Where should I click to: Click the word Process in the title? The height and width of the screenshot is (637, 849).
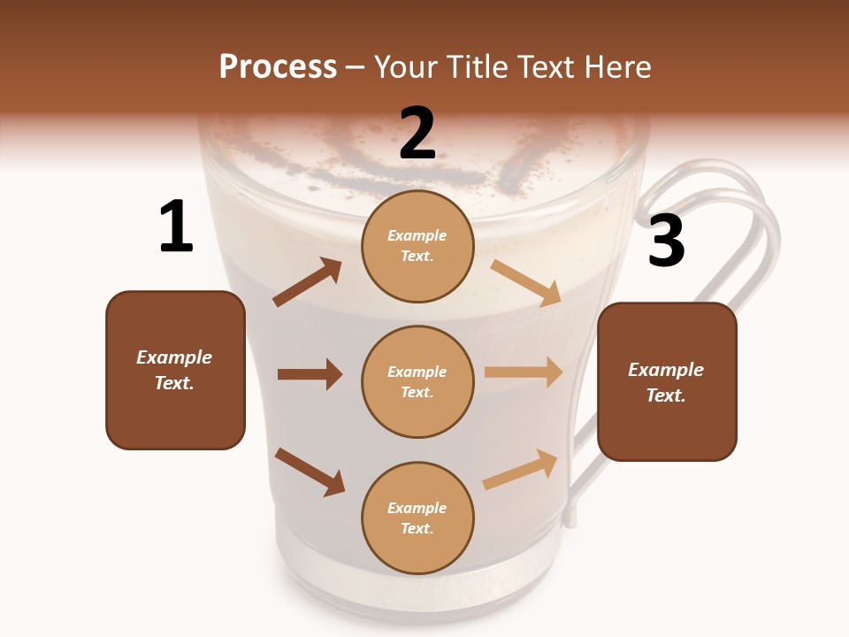click(x=278, y=67)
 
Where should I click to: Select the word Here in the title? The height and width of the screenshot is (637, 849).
click(x=616, y=67)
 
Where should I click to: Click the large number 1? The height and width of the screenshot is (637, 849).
click(x=176, y=227)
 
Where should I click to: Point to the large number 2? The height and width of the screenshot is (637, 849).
click(x=417, y=134)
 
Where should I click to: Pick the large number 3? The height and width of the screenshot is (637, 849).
click(x=666, y=241)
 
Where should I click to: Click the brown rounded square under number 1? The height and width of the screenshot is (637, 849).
click(x=175, y=370)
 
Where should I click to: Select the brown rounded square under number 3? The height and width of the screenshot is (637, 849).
click(x=667, y=381)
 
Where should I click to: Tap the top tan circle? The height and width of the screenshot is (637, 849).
click(x=417, y=246)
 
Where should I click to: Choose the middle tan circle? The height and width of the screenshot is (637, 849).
click(x=417, y=381)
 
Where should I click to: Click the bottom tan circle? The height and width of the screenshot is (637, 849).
click(x=417, y=518)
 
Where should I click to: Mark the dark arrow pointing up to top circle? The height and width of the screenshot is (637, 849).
click(x=308, y=282)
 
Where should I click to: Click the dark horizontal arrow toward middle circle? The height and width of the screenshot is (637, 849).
click(x=310, y=374)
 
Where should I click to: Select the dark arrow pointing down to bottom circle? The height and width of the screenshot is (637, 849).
click(x=310, y=471)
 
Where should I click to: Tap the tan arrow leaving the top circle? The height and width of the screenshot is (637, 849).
click(x=526, y=282)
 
